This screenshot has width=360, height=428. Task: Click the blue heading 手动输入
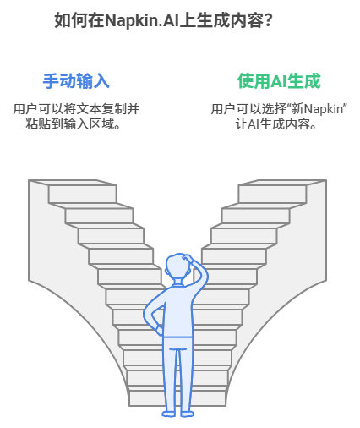(76, 81)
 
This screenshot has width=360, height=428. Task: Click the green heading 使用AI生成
(279, 81)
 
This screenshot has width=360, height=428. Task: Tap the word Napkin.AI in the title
(142, 21)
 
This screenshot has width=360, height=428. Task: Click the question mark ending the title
(269, 20)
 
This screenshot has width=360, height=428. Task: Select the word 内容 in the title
(247, 20)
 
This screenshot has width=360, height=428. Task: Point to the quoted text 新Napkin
(317, 109)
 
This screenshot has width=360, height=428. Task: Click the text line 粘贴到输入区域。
(74, 123)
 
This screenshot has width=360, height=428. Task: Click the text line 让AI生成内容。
(276, 124)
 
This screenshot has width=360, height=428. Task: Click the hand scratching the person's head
(188, 258)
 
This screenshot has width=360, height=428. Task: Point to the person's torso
(178, 310)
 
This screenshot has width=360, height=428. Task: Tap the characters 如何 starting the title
(71, 20)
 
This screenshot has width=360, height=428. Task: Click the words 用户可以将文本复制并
(76, 109)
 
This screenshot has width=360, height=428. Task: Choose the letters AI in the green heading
(279, 81)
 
